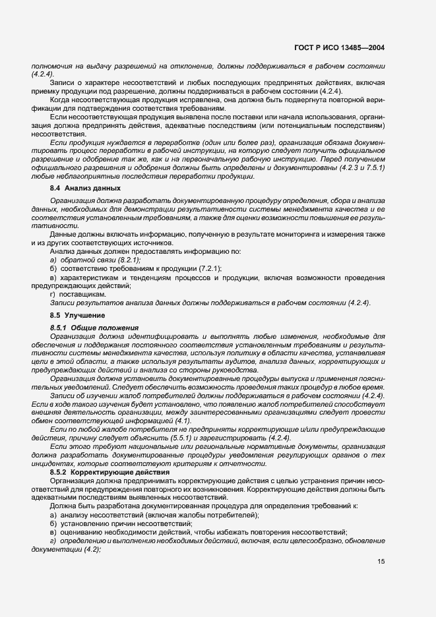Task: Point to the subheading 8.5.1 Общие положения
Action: click(x=95, y=327)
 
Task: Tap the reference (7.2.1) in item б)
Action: click(x=208, y=268)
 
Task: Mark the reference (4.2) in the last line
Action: click(x=88, y=549)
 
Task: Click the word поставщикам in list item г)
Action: click(x=81, y=294)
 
